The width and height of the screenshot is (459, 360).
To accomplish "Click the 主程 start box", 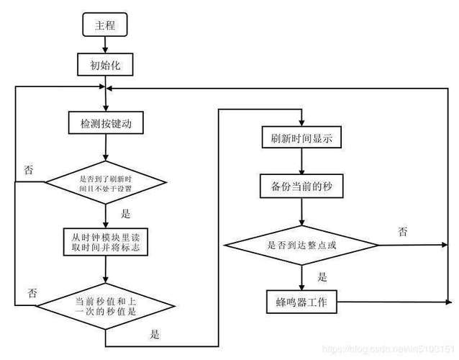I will point(106,26).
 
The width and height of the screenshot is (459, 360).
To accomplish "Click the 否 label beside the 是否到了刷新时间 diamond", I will point(29,171).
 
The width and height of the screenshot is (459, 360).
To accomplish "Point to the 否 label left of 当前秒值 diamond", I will point(32,292).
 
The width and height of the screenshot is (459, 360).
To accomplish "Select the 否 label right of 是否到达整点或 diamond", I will point(403,232).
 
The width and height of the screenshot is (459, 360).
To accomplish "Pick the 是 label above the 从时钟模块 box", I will point(125,215).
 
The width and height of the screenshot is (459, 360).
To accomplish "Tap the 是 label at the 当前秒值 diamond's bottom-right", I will point(155,334).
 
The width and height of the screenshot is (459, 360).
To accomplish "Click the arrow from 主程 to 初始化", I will point(106,45).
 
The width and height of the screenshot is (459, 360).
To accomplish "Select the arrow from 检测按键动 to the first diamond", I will point(106,148).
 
